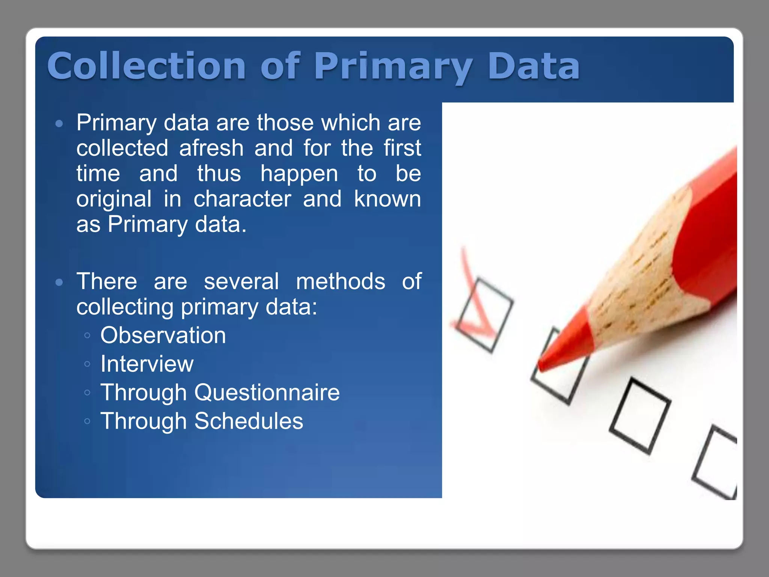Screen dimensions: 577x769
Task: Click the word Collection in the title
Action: pyautogui.click(x=146, y=66)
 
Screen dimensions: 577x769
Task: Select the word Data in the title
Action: pyautogui.click(x=533, y=66)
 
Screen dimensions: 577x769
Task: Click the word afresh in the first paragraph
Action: pyautogui.click(x=211, y=148)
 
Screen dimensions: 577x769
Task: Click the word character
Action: pyautogui.click(x=242, y=199)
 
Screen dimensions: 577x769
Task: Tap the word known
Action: pyautogui.click(x=387, y=199)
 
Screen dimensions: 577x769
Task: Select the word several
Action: pyautogui.click(x=241, y=281)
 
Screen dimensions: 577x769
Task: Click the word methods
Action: pyautogui.click(x=340, y=281)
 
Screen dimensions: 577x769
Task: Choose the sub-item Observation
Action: pyautogui.click(x=163, y=335)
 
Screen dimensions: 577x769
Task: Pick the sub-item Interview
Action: pyautogui.click(x=147, y=364)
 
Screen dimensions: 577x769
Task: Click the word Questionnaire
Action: pyautogui.click(x=267, y=393)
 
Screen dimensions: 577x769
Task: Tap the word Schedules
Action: pyautogui.click(x=249, y=421)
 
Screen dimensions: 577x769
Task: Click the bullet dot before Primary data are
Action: pyautogui.click(x=59, y=124)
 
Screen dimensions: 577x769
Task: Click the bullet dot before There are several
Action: pyautogui.click(x=59, y=282)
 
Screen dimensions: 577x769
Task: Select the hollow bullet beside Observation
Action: pyautogui.click(x=87, y=335)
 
